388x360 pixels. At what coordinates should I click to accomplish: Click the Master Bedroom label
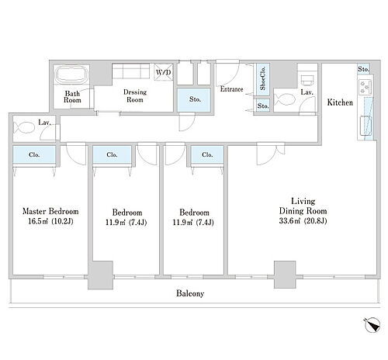pyautogui.click(x=50, y=211)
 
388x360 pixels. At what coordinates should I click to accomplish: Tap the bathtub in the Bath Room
pyautogui.click(x=72, y=74)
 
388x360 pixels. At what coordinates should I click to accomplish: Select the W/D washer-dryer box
pyautogui.click(x=164, y=72)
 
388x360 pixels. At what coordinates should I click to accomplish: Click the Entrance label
pyautogui.click(x=231, y=89)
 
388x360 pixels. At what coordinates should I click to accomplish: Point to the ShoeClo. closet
pyautogui.click(x=263, y=79)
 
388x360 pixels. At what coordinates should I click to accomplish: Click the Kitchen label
pyautogui.click(x=340, y=102)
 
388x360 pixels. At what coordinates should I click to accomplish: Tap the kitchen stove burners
pyautogui.click(x=365, y=87)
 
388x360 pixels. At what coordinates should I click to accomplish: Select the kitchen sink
pyautogui.click(x=365, y=126)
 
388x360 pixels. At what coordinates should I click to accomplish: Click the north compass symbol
pyautogui.click(x=372, y=325)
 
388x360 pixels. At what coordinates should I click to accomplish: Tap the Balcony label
pyautogui.click(x=190, y=293)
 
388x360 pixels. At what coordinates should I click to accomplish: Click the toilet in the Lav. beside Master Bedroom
pyautogui.click(x=24, y=127)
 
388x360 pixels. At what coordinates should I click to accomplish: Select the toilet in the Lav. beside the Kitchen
pyautogui.click(x=285, y=99)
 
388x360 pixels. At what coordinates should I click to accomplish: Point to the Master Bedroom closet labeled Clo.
pyautogui.click(x=34, y=154)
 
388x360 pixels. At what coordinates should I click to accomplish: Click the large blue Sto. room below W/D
pyautogui.click(x=194, y=99)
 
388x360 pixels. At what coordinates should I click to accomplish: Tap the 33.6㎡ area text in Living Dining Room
pyautogui.click(x=289, y=221)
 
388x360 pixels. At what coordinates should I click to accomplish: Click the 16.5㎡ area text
pyautogui.click(x=38, y=222)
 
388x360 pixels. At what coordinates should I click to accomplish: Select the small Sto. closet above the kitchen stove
pyautogui.click(x=363, y=69)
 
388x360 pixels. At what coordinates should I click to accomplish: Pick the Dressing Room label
pyautogui.click(x=135, y=96)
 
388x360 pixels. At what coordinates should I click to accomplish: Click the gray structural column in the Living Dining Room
pyautogui.click(x=285, y=275)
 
